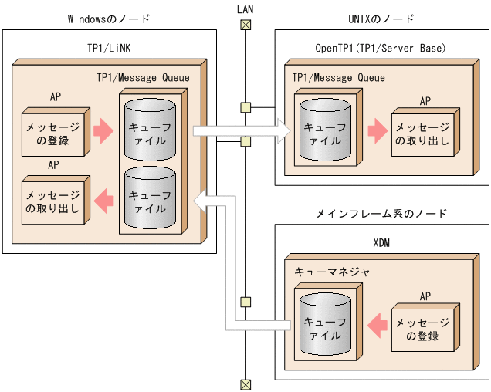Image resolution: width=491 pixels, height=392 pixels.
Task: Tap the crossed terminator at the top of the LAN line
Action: pyautogui.click(x=245, y=25)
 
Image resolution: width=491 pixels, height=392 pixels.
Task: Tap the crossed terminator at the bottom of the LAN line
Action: pyautogui.click(x=245, y=384)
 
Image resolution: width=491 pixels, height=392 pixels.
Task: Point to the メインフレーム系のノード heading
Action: pyautogui.click(x=381, y=212)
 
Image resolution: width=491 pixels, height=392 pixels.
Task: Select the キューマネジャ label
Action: pyautogui.click(x=332, y=272)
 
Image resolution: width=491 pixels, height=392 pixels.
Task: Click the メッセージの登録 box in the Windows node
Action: pyautogui.click(x=52, y=132)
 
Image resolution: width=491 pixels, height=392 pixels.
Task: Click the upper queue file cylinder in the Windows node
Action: pyautogui.click(x=150, y=131)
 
